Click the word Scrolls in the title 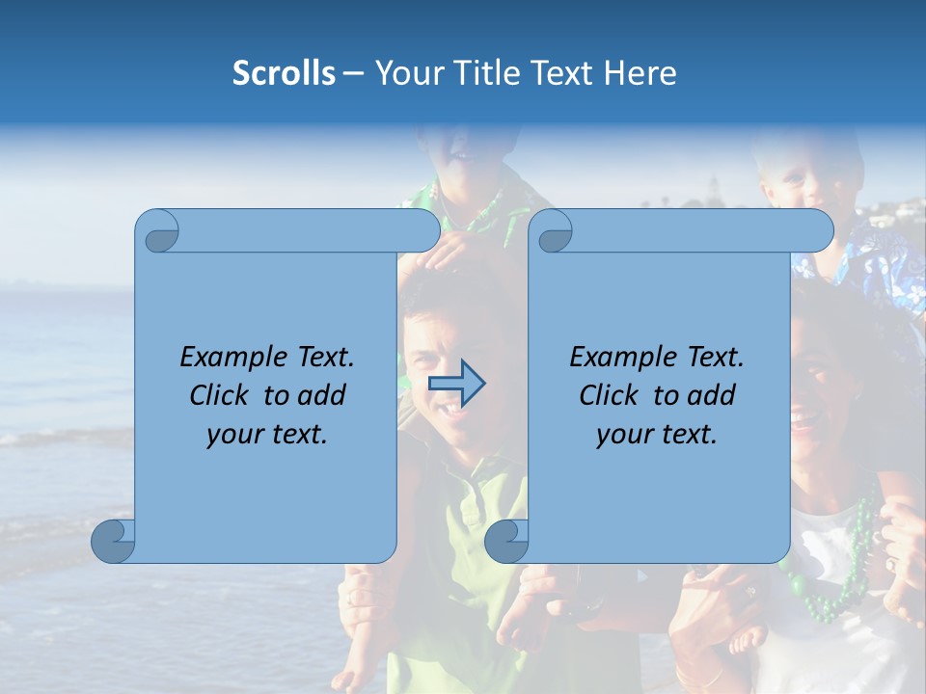284,73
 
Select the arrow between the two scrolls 456,384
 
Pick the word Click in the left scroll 220,395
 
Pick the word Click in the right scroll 610,395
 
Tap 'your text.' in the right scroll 657,435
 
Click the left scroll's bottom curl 113,541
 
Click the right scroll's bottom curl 505,541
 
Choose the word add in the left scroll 322,395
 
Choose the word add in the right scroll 712,395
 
